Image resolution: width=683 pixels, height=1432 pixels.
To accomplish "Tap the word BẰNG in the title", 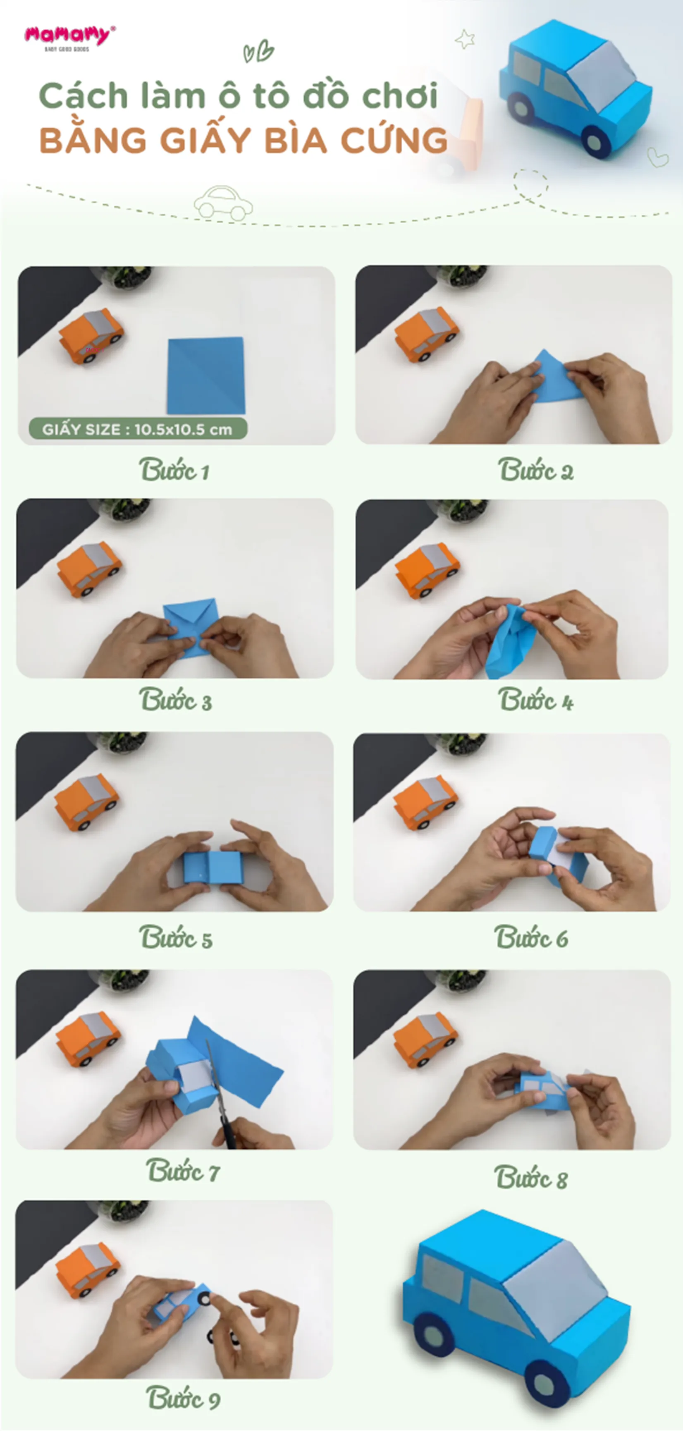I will pos(92,140).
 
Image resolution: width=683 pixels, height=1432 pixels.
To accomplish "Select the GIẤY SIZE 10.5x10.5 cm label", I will pos(137,429).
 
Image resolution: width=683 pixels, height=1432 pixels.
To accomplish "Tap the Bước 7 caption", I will pos(182,1171).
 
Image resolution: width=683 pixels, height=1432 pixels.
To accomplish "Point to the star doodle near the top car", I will pos(465,39).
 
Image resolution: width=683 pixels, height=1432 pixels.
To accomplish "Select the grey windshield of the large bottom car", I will pos(556,1279).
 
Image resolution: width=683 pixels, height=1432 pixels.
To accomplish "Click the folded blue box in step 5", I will pos(213,867).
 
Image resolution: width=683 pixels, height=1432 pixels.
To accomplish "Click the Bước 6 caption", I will pos(531,938).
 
